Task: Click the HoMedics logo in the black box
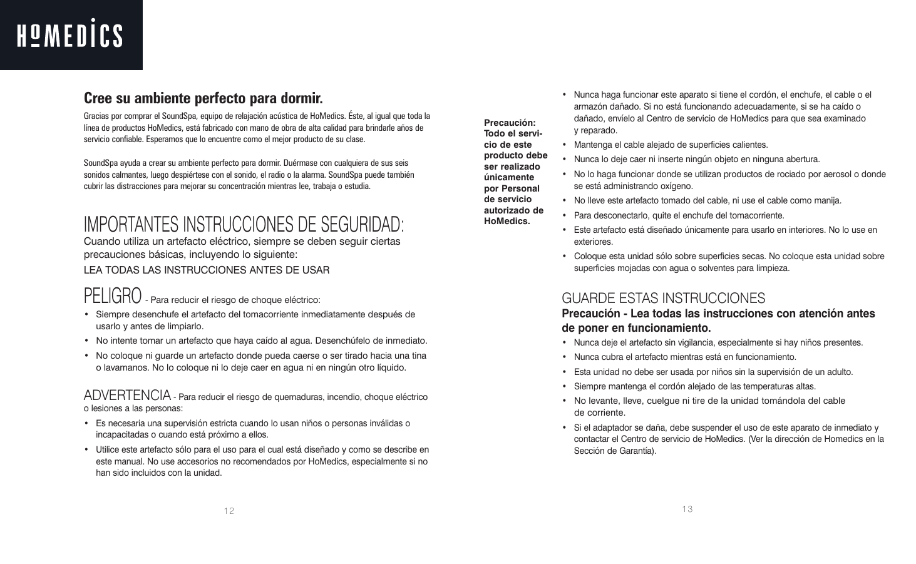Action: click(70, 35)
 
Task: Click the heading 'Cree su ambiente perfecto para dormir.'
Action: click(203, 99)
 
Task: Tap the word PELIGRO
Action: click(112, 295)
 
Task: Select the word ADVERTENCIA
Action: click(127, 395)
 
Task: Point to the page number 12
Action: click(229, 511)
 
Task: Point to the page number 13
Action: click(687, 509)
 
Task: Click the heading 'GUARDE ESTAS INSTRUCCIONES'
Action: click(663, 298)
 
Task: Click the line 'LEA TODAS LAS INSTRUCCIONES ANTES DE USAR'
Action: click(207, 270)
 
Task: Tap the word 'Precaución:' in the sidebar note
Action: click(510, 123)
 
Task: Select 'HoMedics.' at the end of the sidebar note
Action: click(507, 221)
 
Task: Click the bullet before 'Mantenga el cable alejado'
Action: click(565, 145)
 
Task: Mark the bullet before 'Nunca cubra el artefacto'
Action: click(565, 357)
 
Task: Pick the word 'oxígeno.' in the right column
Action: click(675, 186)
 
